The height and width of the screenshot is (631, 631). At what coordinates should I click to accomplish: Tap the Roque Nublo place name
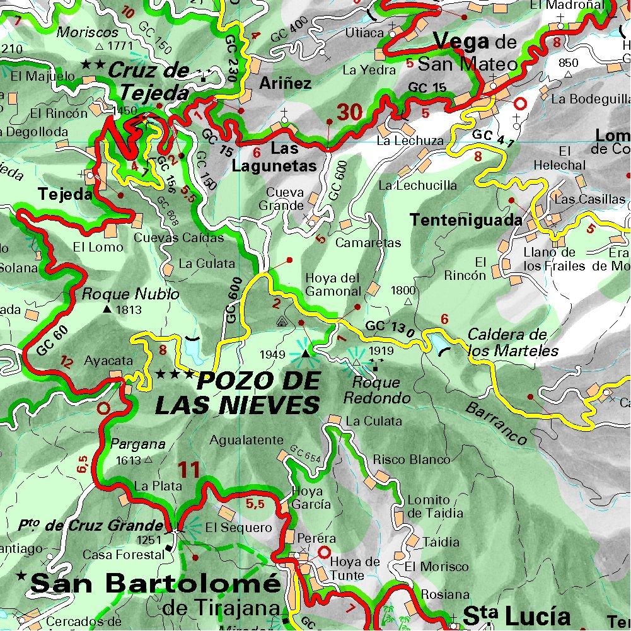pos(131,294)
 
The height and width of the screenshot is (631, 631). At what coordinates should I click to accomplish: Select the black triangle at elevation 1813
pos(107,310)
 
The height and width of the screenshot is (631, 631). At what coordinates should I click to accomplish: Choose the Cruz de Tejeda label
pos(149,82)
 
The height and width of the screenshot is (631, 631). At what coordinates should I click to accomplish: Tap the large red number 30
pos(349,113)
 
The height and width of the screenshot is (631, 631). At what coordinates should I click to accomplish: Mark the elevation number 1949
pos(276,355)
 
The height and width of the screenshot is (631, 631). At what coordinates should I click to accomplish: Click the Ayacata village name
pos(108,361)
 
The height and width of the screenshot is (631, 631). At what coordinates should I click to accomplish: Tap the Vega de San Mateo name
pos(476,53)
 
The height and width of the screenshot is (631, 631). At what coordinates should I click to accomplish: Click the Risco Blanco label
pos(412,460)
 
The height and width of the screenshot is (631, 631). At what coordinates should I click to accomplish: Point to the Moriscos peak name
pos(88,32)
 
